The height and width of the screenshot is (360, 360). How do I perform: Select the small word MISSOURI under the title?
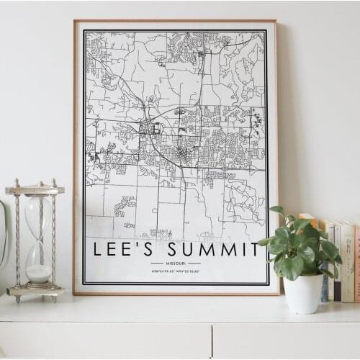pyautogui.click(x=176, y=264)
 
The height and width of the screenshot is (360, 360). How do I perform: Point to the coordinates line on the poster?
pyautogui.click(x=176, y=271)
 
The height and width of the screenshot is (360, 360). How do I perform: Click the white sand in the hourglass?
pyautogui.click(x=38, y=274)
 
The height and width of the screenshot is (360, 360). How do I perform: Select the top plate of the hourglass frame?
pyautogui.click(x=35, y=190)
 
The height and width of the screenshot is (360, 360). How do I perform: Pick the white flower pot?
pyautogui.click(x=303, y=293)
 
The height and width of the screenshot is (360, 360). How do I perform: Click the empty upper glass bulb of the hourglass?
pyautogui.click(x=37, y=216)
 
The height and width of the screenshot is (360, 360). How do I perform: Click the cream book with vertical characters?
pyautogui.click(x=347, y=263)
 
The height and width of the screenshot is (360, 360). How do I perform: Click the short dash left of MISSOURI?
pyautogui.click(x=158, y=264)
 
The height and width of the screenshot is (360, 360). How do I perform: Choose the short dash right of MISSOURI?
pyautogui.click(x=194, y=264)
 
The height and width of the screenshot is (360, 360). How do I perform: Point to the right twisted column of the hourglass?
pyautogui.click(x=53, y=238)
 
